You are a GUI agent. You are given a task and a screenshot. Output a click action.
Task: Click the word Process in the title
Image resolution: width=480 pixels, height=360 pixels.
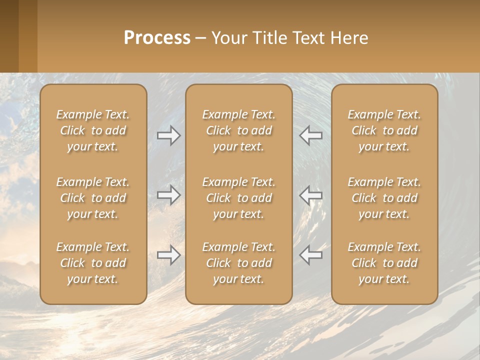tap(157, 38)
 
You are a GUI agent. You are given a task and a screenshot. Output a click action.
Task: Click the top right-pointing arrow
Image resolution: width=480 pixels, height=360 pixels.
tap(169, 135)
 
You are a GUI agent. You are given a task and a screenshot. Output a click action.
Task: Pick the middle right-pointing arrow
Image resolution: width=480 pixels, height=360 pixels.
tap(169, 194)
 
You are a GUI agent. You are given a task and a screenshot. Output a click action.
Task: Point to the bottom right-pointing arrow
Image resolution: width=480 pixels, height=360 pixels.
tap(169, 255)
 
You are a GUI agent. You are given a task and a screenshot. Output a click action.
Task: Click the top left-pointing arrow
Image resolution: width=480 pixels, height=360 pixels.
tap(310, 135)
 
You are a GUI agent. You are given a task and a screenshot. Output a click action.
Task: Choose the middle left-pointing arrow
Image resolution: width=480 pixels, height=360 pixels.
tap(310, 194)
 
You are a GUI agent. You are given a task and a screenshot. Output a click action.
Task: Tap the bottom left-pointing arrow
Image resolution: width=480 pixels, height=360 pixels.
tap(310, 255)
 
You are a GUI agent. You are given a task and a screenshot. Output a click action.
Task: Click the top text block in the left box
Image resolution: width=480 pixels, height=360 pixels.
tap(93, 130)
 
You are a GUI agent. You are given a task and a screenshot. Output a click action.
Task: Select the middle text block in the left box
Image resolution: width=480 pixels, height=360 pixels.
tap(93, 198)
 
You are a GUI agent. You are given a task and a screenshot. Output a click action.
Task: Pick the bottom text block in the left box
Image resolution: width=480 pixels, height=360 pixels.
tap(93, 263)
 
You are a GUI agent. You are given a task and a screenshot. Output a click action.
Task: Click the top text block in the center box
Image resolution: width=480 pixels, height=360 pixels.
tap(238, 130)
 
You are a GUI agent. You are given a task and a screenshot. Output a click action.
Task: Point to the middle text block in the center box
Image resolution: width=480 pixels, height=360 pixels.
tap(238, 198)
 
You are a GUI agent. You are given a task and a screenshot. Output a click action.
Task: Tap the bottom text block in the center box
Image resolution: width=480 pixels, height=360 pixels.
tap(238, 263)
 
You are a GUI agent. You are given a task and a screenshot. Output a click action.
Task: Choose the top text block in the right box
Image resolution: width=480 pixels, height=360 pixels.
tap(384, 130)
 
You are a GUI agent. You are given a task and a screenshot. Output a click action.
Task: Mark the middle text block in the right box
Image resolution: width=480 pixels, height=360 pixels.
tap(384, 198)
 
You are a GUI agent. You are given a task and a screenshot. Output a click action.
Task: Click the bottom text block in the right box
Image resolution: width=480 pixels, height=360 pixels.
tap(384, 263)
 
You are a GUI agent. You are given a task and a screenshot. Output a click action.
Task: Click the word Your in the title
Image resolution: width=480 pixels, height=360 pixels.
tap(228, 38)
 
